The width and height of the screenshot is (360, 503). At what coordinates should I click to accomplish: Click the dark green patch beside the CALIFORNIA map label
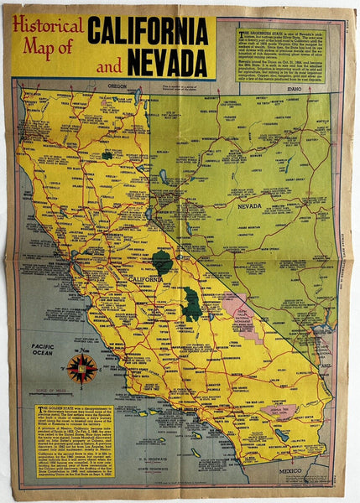pos(163,262)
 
